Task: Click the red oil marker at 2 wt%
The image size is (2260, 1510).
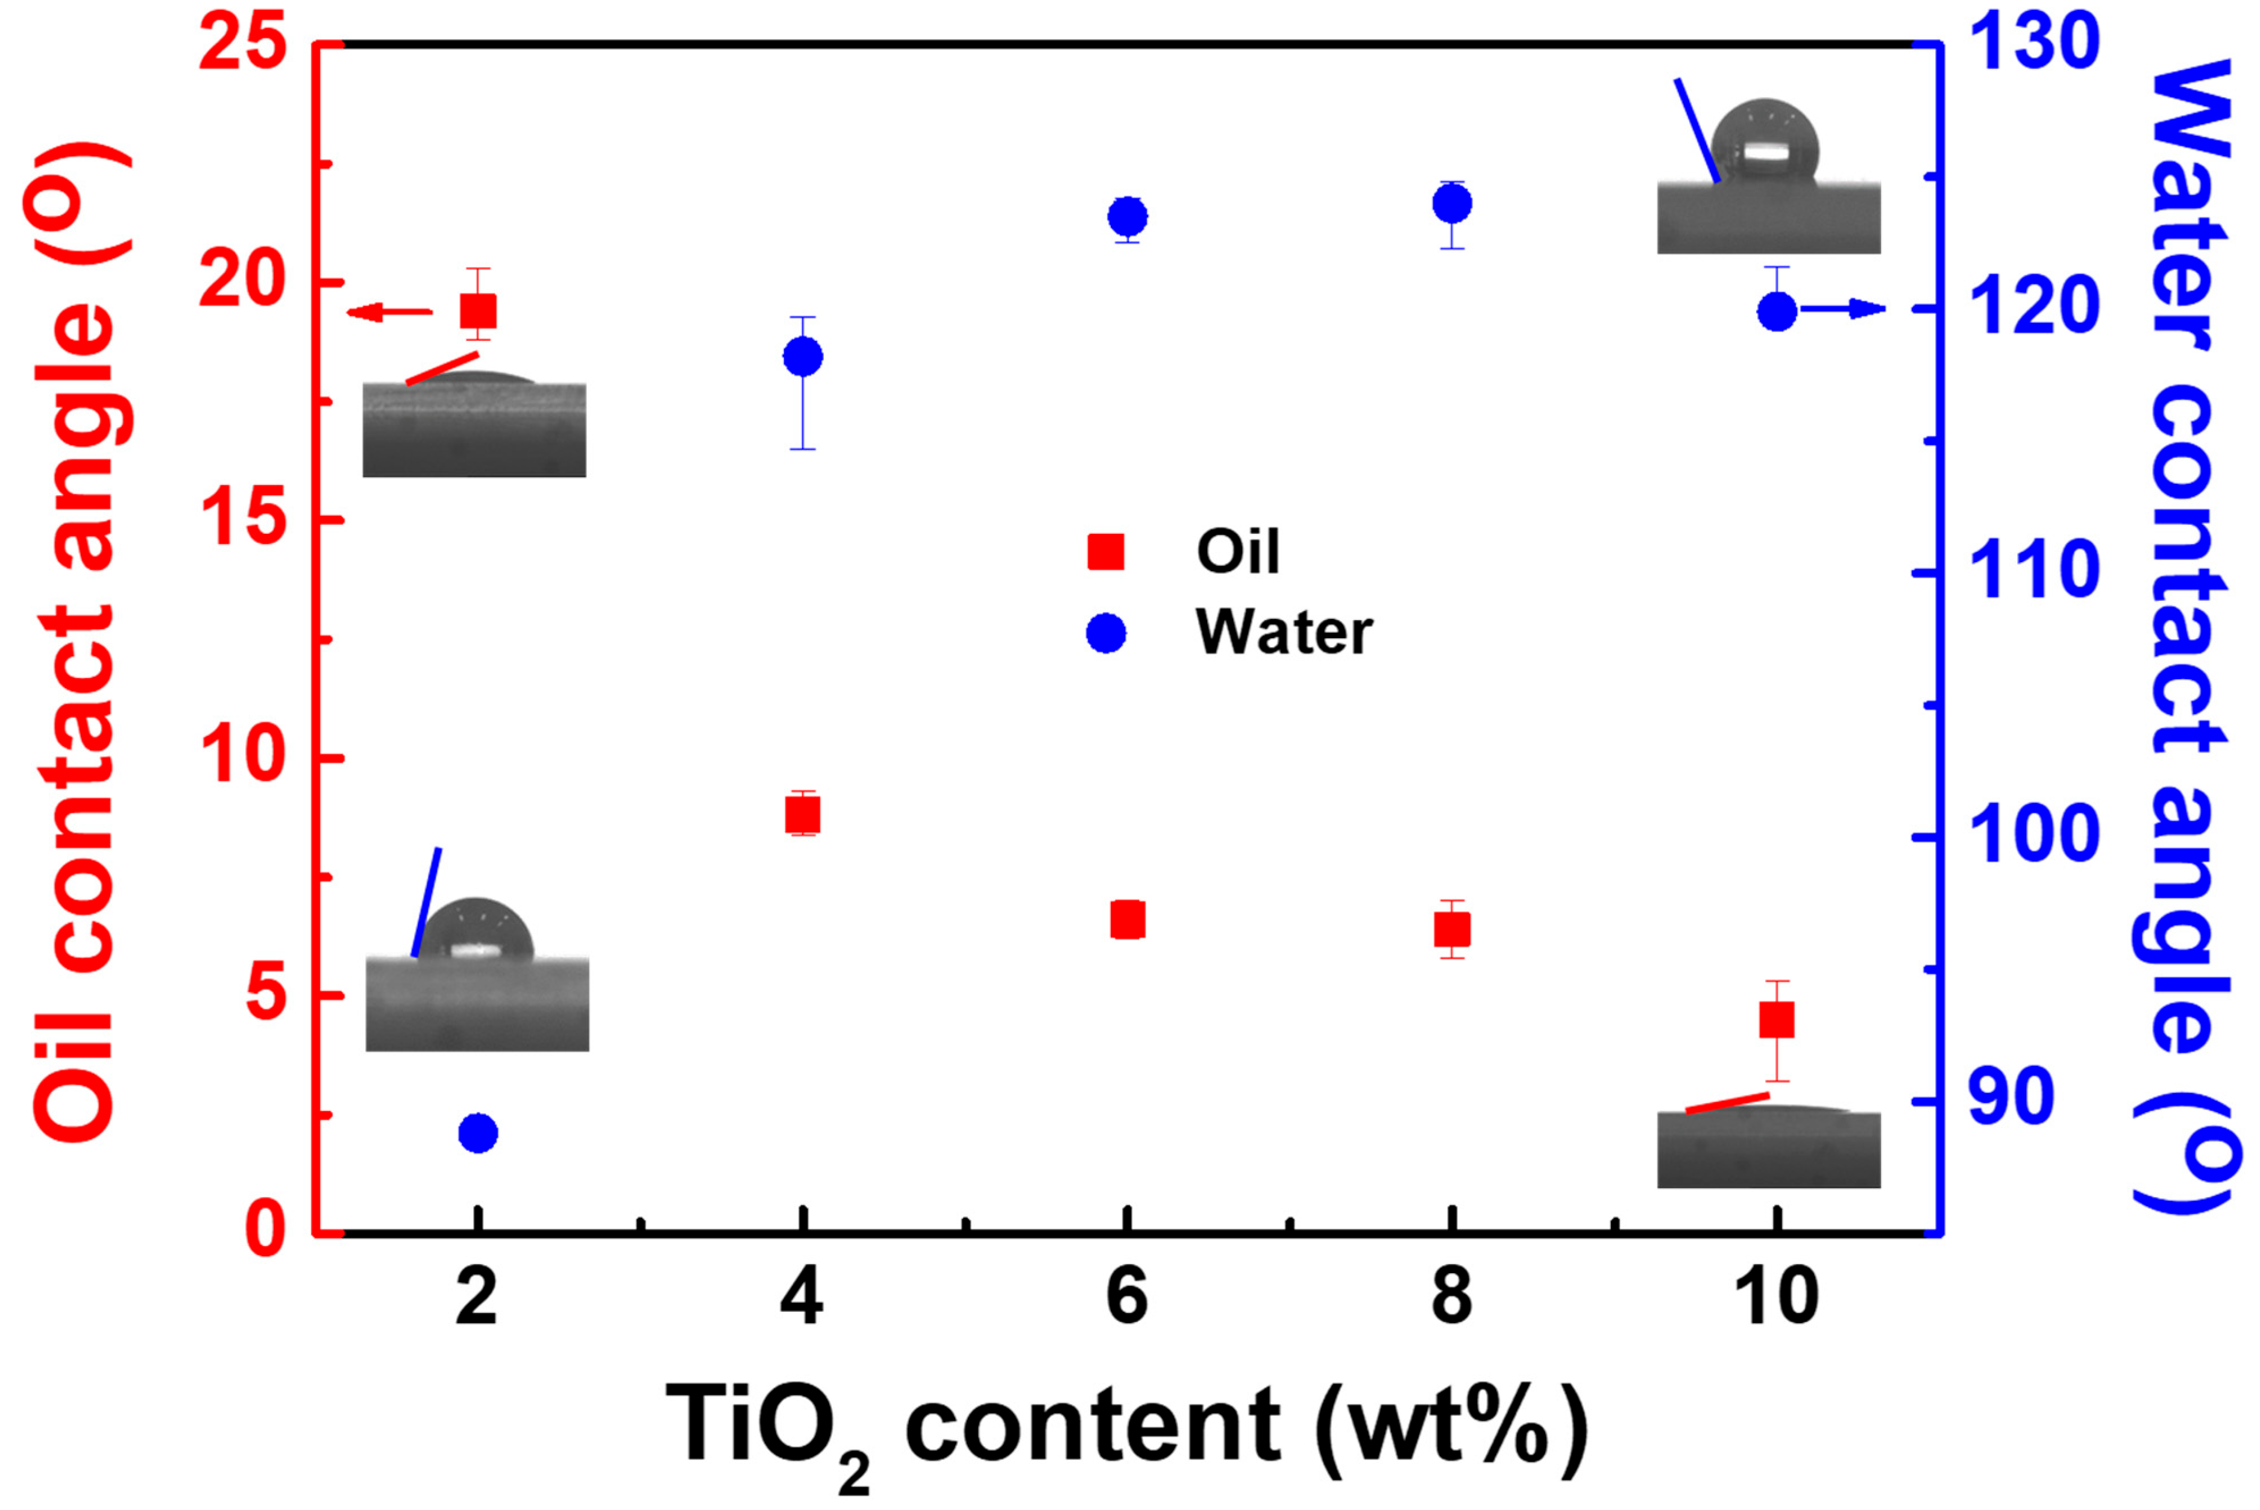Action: [x=479, y=311]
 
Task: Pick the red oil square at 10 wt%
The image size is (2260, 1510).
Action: [x=1777, y=1019]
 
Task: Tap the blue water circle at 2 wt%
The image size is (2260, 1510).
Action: [x=479, y=1133]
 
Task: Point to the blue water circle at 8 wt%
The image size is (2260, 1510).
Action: [x=1452, y=203]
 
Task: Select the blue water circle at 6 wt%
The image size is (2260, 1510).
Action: [x=1128, y=217]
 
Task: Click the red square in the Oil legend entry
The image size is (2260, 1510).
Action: [x=1105, y=552]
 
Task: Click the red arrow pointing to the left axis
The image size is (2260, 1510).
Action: [x=389, y=311]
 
